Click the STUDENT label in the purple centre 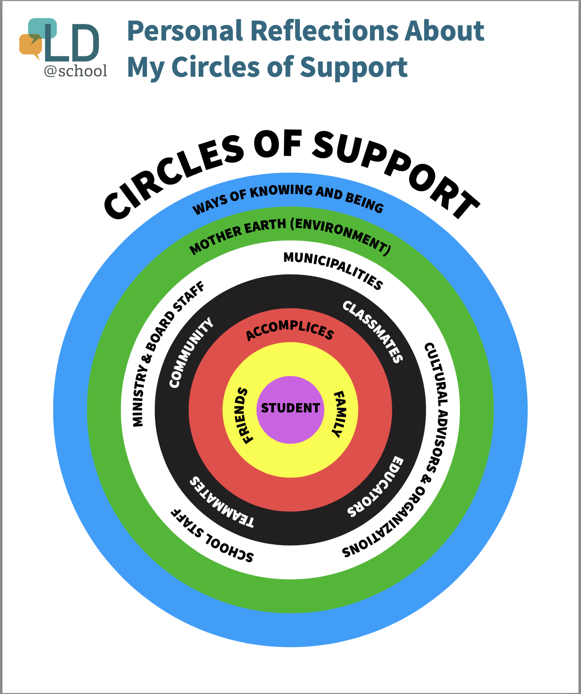point(290,408)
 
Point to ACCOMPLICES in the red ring point(290,330)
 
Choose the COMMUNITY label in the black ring point(190,353)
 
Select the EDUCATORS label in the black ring point(377,487)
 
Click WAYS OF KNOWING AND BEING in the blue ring point(288,197)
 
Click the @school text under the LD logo point(75,71)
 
